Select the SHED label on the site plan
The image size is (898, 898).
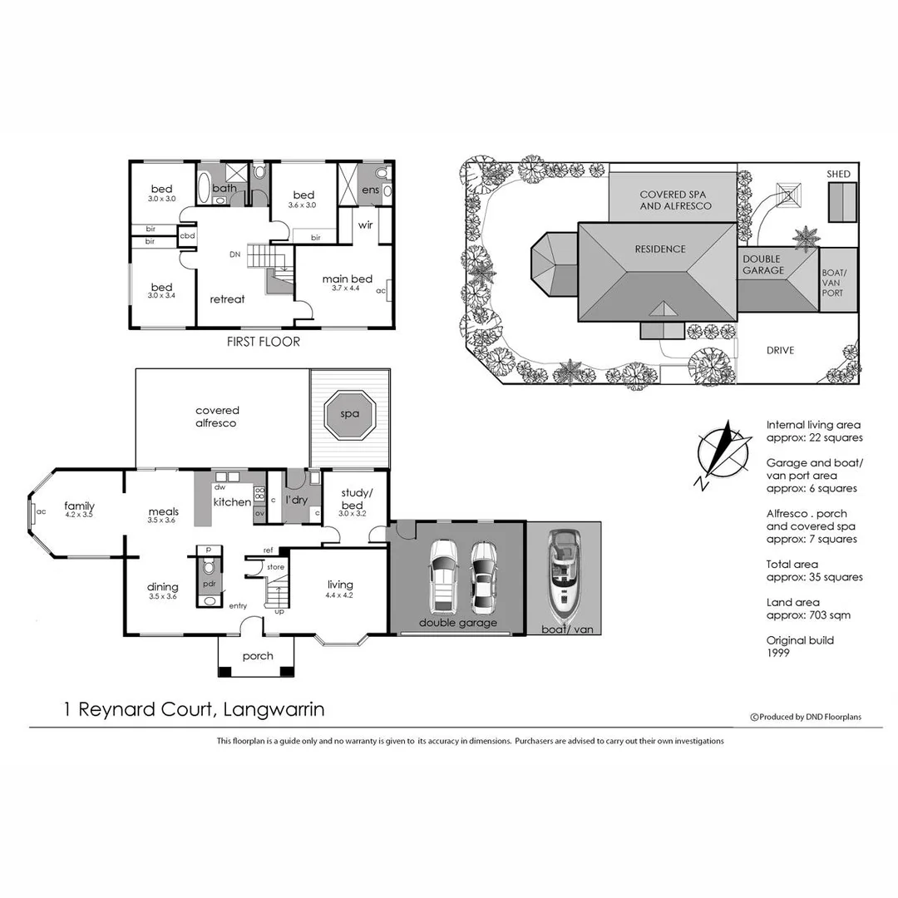coord(838,174)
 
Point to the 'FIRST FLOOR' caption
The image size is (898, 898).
coord(263,342)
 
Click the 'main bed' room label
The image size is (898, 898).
coord(347,279)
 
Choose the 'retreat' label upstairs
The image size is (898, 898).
coord(227,299)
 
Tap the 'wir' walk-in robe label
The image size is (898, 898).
coord(364,225)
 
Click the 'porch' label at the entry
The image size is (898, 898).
coord(258,656)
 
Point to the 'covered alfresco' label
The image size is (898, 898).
coord(217,417)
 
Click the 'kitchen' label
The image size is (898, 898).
coord(232,502)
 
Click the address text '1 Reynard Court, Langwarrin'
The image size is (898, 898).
coord(194,710)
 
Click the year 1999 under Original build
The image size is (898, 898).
coord(777,653)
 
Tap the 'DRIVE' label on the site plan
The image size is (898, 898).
coord(780,350)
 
